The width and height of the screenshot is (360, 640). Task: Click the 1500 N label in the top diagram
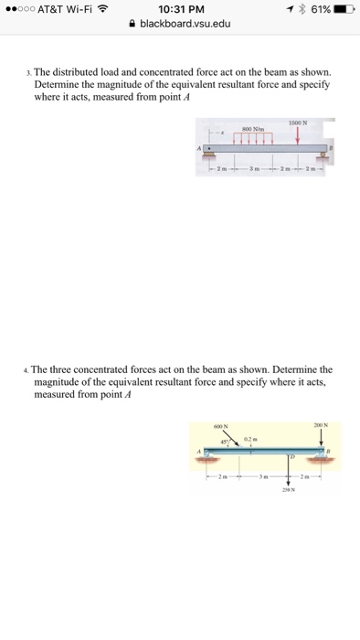tap(296, 122)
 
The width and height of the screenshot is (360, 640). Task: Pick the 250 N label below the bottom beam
tap(289, 499)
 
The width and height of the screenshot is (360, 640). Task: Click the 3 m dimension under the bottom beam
tap(264, 476)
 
